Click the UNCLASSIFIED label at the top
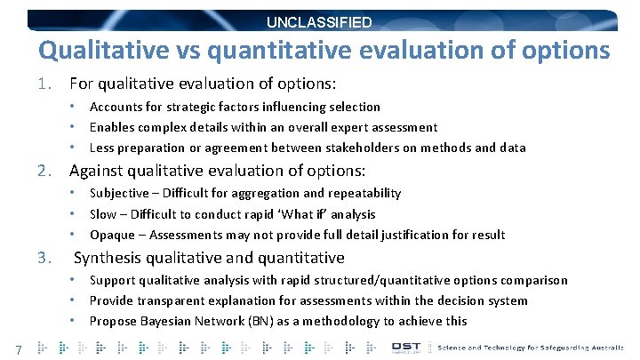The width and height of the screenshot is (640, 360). coord(320,22)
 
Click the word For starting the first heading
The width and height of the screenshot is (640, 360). coord(83,84)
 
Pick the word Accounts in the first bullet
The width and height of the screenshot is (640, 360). coord(116,107)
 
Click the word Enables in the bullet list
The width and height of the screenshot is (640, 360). coord(113,127)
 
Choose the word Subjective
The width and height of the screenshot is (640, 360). coord(119,193)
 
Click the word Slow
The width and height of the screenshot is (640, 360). coord(104,214)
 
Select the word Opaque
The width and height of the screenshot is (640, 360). coord(112,235)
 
